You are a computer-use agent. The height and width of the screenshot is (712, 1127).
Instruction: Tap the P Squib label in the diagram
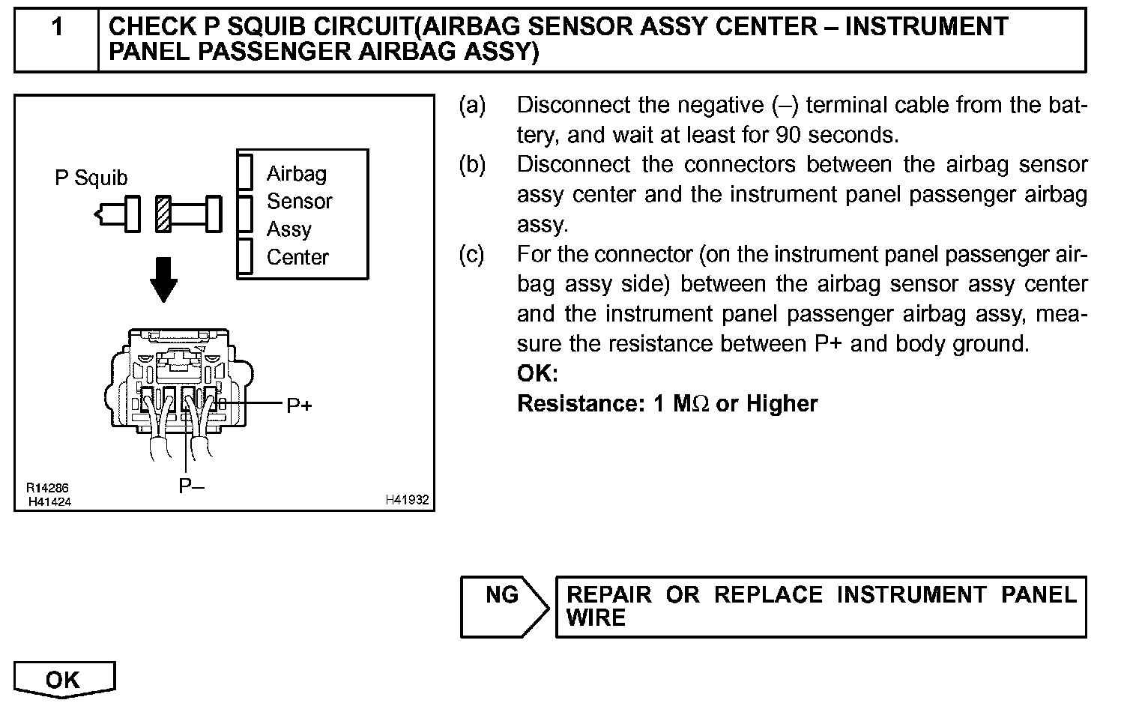click(x=91, y=178)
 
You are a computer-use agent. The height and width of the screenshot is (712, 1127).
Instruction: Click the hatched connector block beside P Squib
click(x=164, y=214)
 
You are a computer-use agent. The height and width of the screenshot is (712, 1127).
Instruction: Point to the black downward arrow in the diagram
click(x=163, y=280)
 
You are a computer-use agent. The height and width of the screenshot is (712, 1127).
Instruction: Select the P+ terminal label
click(x=300, y=405)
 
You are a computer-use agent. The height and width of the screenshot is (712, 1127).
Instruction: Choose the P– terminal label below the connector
click(x=191, y=486)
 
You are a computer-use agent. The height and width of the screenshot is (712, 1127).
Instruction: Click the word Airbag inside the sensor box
click(x=297, y=174)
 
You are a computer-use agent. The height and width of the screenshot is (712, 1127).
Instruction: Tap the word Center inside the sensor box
click(x=297, y=257)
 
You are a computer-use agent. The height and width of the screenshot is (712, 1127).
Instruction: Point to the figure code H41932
click(x=407, y=500)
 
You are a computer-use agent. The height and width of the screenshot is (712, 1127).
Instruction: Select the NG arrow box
click(x=504, y=606)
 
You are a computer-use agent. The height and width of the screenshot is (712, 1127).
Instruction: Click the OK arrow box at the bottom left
click(x=64, y=680)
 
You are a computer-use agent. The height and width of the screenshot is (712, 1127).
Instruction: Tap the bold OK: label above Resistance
click(x=537, y=373)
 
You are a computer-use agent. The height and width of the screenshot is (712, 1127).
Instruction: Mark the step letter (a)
click(x=472, y=106)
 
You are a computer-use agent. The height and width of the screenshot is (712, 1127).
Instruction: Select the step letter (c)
click(x=472, y=255)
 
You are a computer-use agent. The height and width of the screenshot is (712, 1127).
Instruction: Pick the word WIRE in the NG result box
click(x=596, y=618)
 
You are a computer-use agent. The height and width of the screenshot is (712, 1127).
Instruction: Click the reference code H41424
click(x=49, y=501)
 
